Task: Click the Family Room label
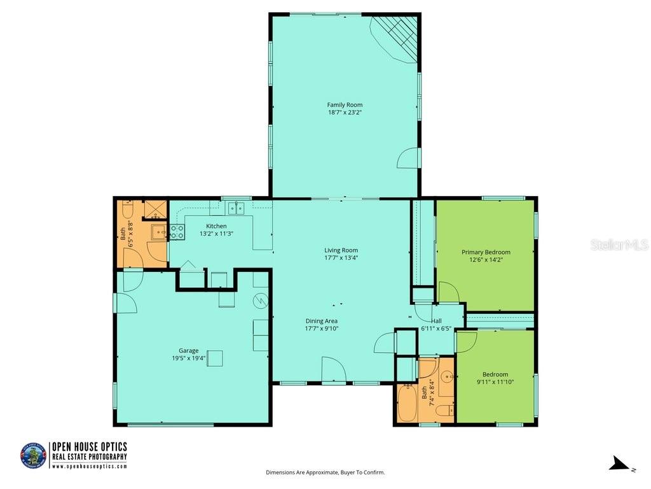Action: pyautogui.click(x=345, y=105)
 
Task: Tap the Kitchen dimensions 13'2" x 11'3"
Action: pyautogui.click(x=216, y=234)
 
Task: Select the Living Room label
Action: pyautogui.click(x=341, y=250)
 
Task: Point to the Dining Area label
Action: pyautogui.click(x=322, y=321)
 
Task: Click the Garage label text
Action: pyautogui.click(x=188, y=350)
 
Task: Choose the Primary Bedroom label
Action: pyautogui.click(x=486, y=252)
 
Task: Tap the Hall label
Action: pyautogui.click(x=436, y=321)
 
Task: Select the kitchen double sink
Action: pyautogui.click(x=236, y=208)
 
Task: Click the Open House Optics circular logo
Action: pyautogui.click(x=33, y=456)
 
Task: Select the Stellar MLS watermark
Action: pyautogui.click(x=619, y=244)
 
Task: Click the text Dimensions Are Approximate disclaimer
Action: pyautogui.click(x=325, y=472)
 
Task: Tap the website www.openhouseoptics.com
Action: pyautogui.click(x=89, y=466)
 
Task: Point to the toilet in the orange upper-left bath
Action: pyautogui.click(x=127, y=209)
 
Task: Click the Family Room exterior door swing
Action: pyautogui.click(x=409, y=158)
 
